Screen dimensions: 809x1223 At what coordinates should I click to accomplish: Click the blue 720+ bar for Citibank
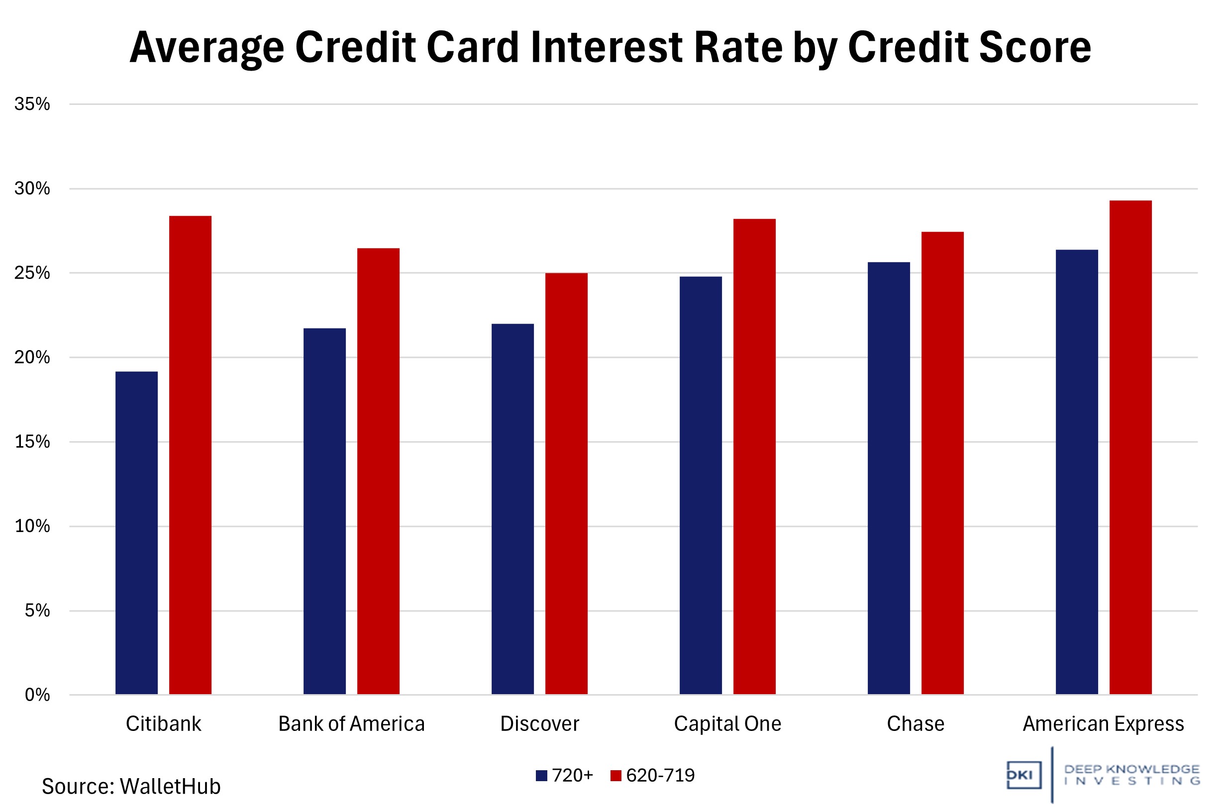tap(136, 533)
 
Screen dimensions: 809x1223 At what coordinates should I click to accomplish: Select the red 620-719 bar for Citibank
tap(190, 455)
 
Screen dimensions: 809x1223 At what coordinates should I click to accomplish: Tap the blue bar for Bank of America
tap(324, 511)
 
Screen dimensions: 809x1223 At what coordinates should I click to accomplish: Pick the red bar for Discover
tap(566, 483)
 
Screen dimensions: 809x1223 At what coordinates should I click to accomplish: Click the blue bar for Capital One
tap(701, 485)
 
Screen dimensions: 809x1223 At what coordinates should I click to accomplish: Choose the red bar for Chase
tap(942, 463)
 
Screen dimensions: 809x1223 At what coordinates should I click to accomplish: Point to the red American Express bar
tap(1130, 447)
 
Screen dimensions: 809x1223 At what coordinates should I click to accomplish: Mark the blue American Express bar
tap(1076, 471)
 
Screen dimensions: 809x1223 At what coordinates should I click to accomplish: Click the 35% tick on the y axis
tap(32, 104)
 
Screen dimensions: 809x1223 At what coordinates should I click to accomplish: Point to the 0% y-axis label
tap(37, 695)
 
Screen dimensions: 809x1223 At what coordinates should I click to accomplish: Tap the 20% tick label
tap(32, 357)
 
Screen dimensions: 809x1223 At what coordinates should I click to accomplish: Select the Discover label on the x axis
tap(539, 724)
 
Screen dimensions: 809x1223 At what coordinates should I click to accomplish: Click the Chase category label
tap(916, 724)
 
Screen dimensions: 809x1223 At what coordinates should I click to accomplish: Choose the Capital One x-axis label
tap(727, 724)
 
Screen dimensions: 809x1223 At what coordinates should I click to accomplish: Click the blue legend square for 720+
tap(541, 776)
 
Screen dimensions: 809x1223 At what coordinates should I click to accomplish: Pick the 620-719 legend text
tap(660, 776)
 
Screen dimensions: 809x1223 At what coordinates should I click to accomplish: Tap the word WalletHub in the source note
tap(170, 787)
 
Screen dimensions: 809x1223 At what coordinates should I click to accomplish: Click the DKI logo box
tap(1023, 775)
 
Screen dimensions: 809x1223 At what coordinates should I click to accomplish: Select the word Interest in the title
tap(607, 47)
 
